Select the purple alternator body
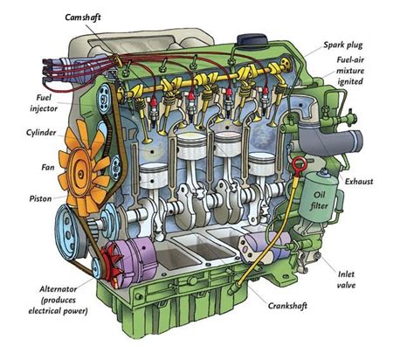(134, 258)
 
